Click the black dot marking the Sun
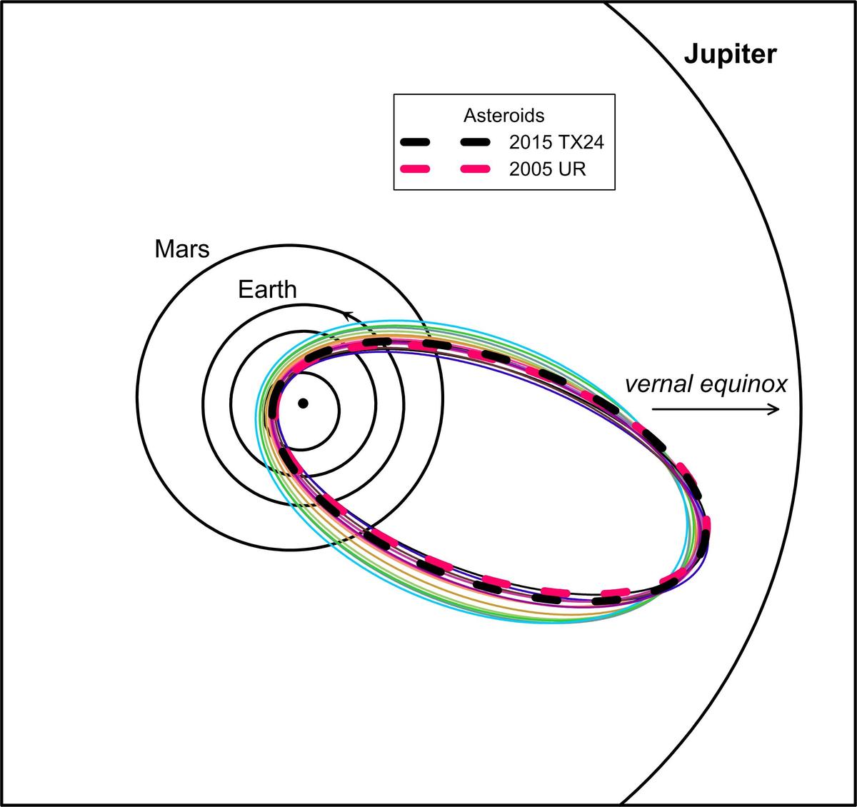[x=303, y=403]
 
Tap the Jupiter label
[x=730, y=55]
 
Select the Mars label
[x=182, y=249]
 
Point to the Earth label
[x=267, y=289]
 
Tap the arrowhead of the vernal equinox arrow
[x=775, y=409]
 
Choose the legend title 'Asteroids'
[x=503, y=115]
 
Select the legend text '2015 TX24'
[x=556, y=142]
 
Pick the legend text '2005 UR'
[x=547, y=169]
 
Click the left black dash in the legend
[x=415, y=142]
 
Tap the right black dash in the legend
[x=475, y=142]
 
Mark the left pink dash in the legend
[x=415, y=169]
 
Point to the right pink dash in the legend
[x=475, y=169]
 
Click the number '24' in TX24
[x=593, y=142]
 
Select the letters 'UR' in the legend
[x=572, y=169]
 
